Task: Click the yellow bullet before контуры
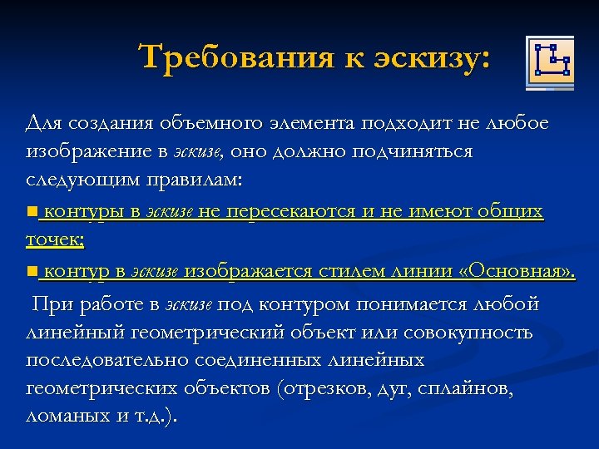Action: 32,212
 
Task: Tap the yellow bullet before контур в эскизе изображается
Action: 32,272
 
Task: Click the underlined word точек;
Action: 55,240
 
